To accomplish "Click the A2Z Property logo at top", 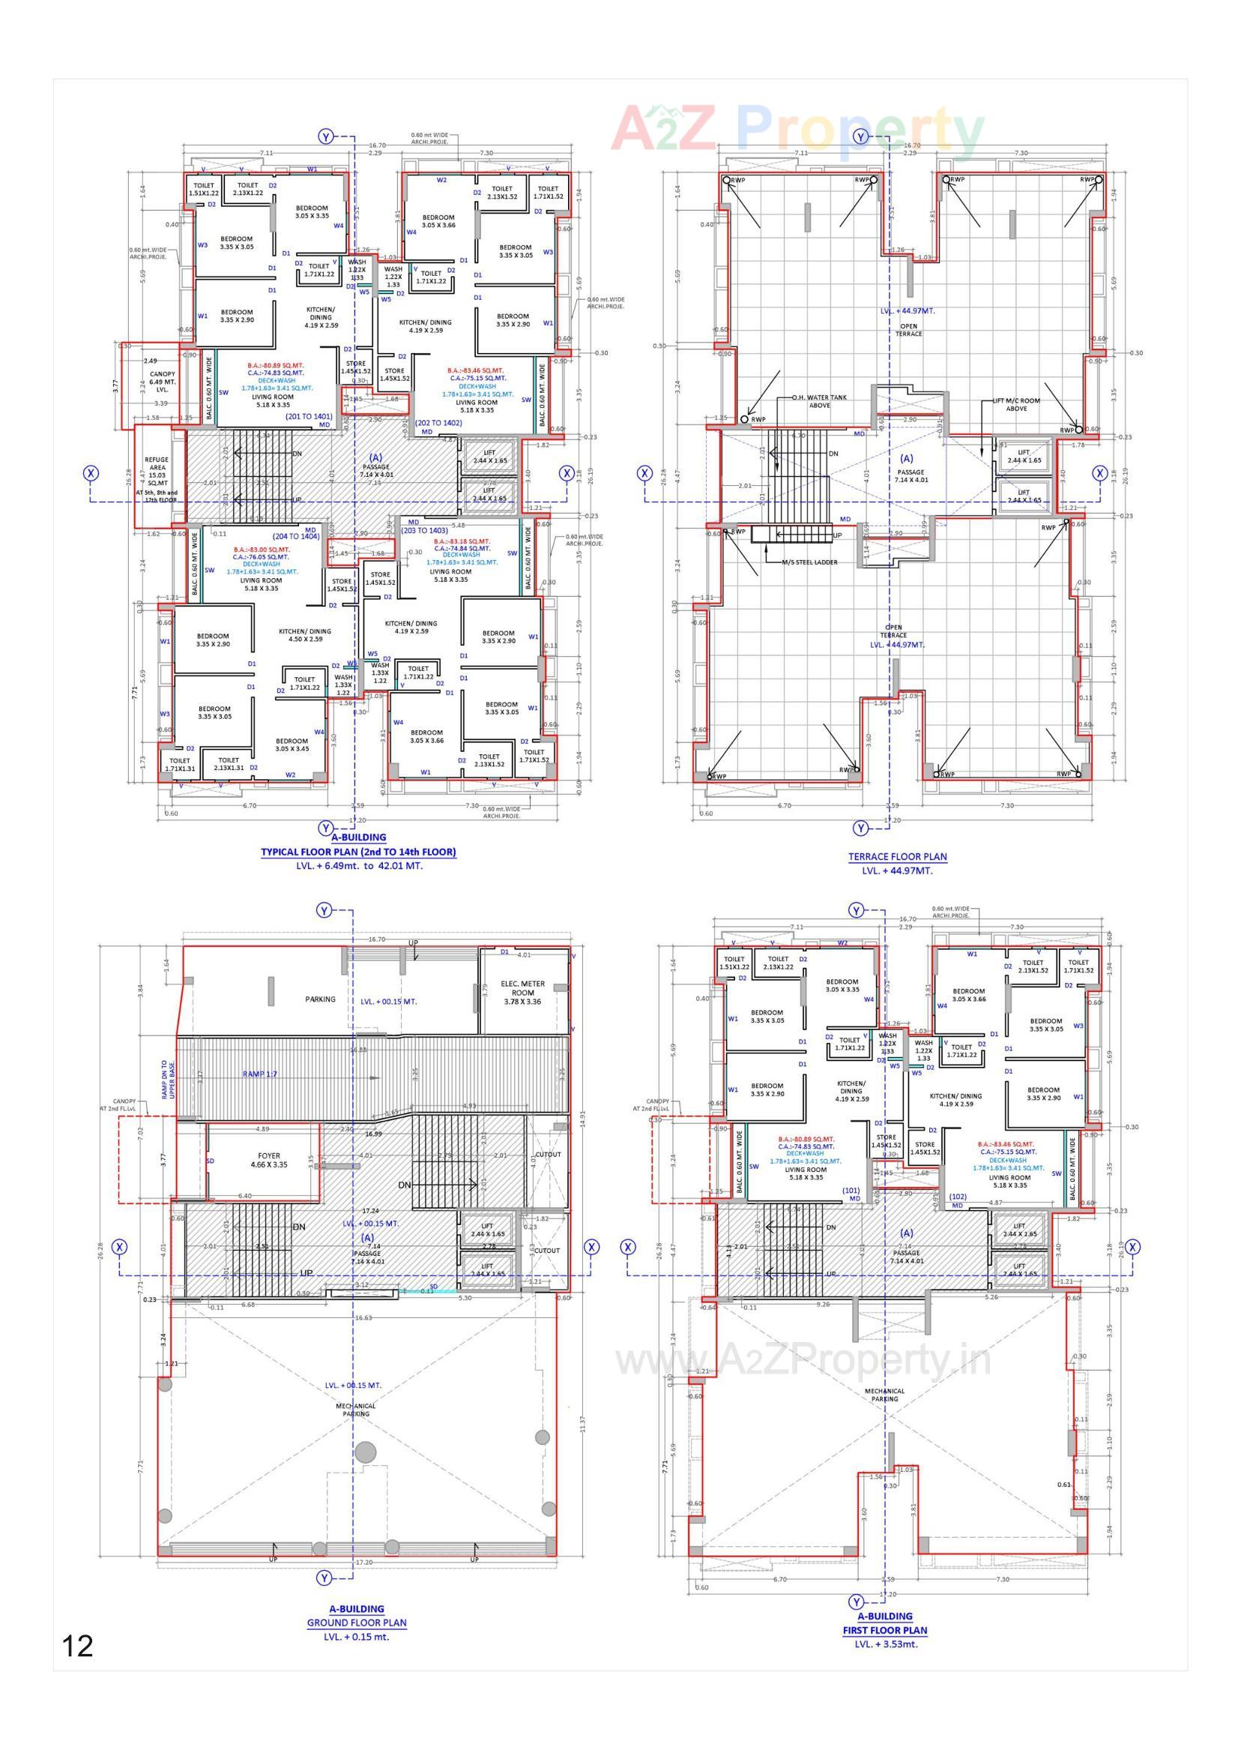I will [x=797, y=130].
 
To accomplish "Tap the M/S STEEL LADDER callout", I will [x=809, y=562].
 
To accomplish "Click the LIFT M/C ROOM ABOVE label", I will [x=1016, y=405].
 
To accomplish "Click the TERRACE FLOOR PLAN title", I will [x=897, y=857].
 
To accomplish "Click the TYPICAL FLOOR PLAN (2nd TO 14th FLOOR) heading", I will [x=358, y=852].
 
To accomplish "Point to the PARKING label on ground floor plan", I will [x=320, y=999].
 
